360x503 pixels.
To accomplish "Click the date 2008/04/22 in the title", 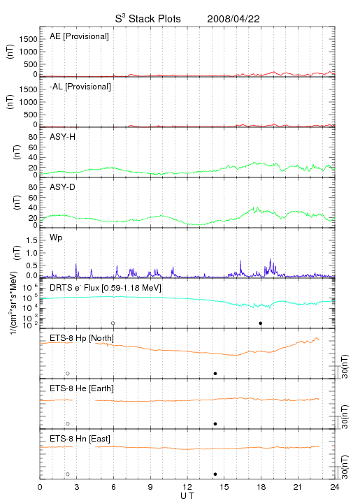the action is tap(233, 19).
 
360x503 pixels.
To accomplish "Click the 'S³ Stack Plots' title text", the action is tap(148, 19).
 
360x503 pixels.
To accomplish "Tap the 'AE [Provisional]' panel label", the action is tap(79, 36).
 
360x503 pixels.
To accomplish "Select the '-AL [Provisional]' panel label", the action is tap(80, 87).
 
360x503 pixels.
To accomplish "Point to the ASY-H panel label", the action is tap(63, 137).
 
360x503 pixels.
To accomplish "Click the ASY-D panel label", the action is tap(63, 187).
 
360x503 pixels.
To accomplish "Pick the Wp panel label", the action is tap(56, 238).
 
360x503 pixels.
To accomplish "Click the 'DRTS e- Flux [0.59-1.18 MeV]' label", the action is tap(106, 288).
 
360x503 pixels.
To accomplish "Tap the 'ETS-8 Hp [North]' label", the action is tap(82, 338).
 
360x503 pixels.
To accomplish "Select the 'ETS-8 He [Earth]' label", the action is tap(82, 389).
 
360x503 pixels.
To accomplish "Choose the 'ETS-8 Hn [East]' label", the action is tap(80, 439).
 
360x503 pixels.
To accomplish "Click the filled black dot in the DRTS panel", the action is tap(261, 323).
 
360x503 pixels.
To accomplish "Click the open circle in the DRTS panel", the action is tap(113, 323).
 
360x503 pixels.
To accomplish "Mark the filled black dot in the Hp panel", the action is tap(215, 373).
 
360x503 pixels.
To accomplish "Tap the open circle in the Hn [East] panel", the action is tap(68, 474).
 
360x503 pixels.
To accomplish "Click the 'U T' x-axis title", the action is tap(187, 496).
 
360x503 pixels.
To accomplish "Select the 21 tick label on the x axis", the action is tap(298, 487).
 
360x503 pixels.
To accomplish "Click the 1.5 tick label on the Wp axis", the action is tap(31, 240).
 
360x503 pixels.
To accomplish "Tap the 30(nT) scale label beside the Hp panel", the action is tap(345, 366).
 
